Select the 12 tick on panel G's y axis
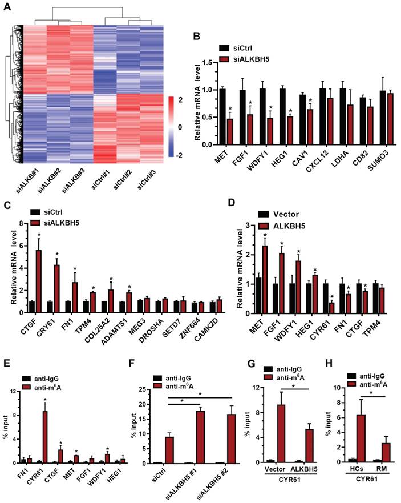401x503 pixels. click(254, 389)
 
